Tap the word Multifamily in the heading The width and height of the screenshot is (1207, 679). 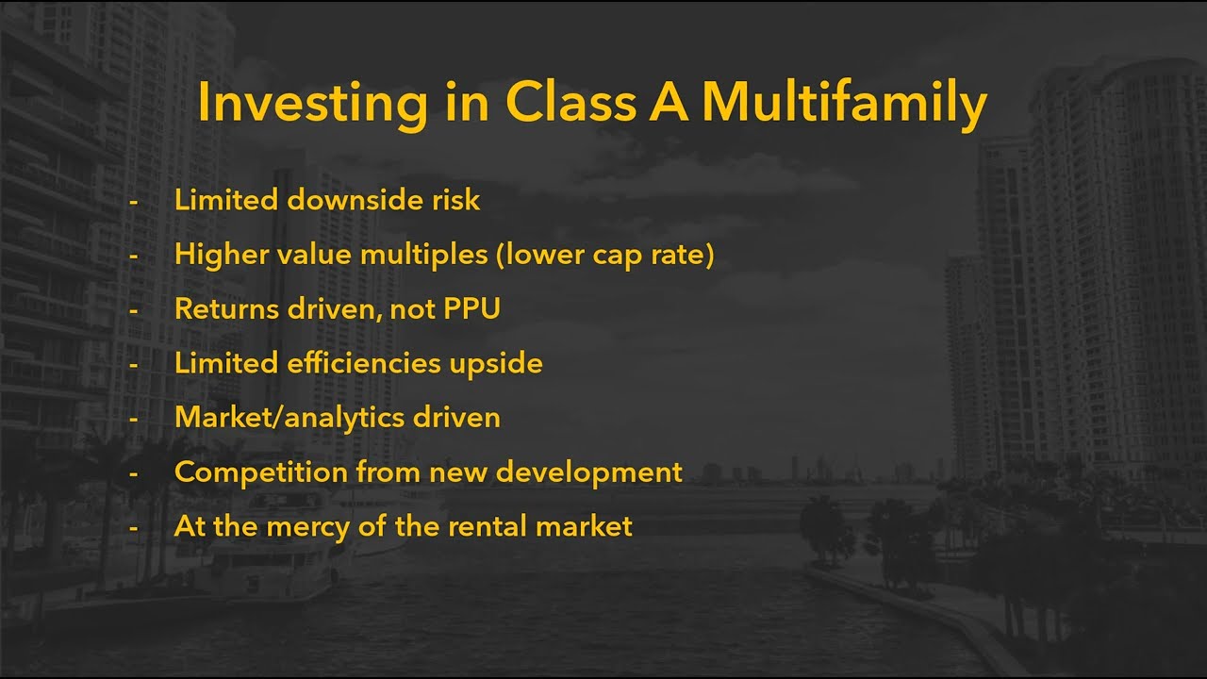(844, 104)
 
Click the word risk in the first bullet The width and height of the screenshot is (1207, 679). (455, 200)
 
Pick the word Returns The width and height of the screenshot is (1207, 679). (220, 308)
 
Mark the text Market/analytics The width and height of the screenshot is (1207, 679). (290, 417)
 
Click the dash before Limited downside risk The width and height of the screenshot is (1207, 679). (133, 201)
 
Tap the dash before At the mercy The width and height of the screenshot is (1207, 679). (133, 526)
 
